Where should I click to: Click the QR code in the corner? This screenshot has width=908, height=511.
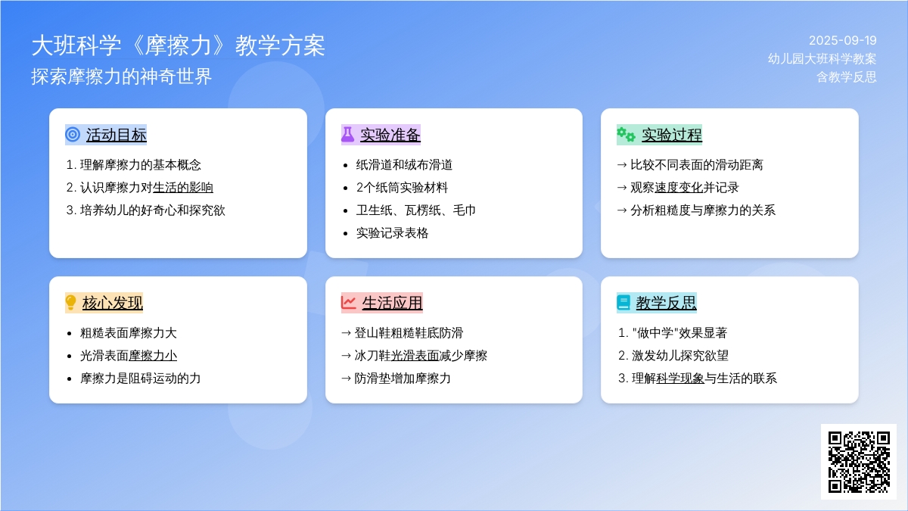pos(859,462)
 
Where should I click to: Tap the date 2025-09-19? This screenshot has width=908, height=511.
pos(842,41)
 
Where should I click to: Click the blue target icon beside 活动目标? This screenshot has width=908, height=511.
pos(73,134)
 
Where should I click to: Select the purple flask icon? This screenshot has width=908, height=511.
pos(347,134)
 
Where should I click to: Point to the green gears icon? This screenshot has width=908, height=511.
pos(626,134)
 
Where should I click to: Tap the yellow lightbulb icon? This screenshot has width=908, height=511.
pos(70,302)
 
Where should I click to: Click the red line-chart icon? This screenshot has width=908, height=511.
pos(348,303)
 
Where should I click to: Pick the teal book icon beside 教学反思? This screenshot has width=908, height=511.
pos(623,303)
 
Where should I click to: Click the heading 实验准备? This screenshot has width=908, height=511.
pos(390,135)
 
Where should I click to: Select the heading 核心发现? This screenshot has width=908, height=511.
pos(112,303)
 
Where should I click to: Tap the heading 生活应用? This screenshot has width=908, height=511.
pos(392,303)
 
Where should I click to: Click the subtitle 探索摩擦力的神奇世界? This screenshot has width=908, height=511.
pos(122,76)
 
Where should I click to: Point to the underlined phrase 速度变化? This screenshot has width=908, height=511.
pos(679,188)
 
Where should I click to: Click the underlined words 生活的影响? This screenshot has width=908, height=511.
pos(183,188)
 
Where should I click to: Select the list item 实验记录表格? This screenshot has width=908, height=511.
pos(392,233)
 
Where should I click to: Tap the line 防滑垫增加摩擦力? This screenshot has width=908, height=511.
pos(402,378)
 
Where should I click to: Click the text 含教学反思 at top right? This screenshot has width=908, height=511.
pos(847,76)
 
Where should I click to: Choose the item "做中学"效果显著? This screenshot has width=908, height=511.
pos(679,332)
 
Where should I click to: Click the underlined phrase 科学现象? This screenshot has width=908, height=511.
pos(679,378)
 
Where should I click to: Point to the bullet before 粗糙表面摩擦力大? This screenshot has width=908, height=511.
pos(70,334)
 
